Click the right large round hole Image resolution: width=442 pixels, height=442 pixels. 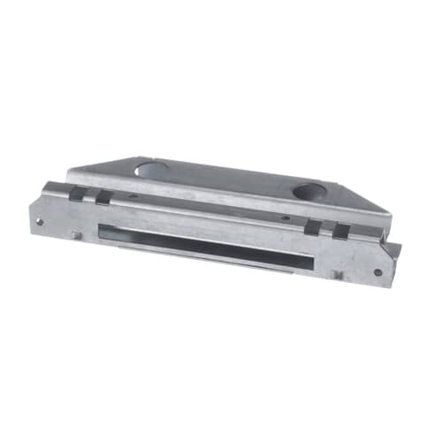[308, 189]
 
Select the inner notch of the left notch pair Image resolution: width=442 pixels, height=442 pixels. [103, 197]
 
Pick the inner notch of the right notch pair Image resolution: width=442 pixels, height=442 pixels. [313, 228]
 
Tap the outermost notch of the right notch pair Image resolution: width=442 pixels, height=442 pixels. [341, 232]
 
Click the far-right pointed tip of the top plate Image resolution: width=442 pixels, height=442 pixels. [390, 214]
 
